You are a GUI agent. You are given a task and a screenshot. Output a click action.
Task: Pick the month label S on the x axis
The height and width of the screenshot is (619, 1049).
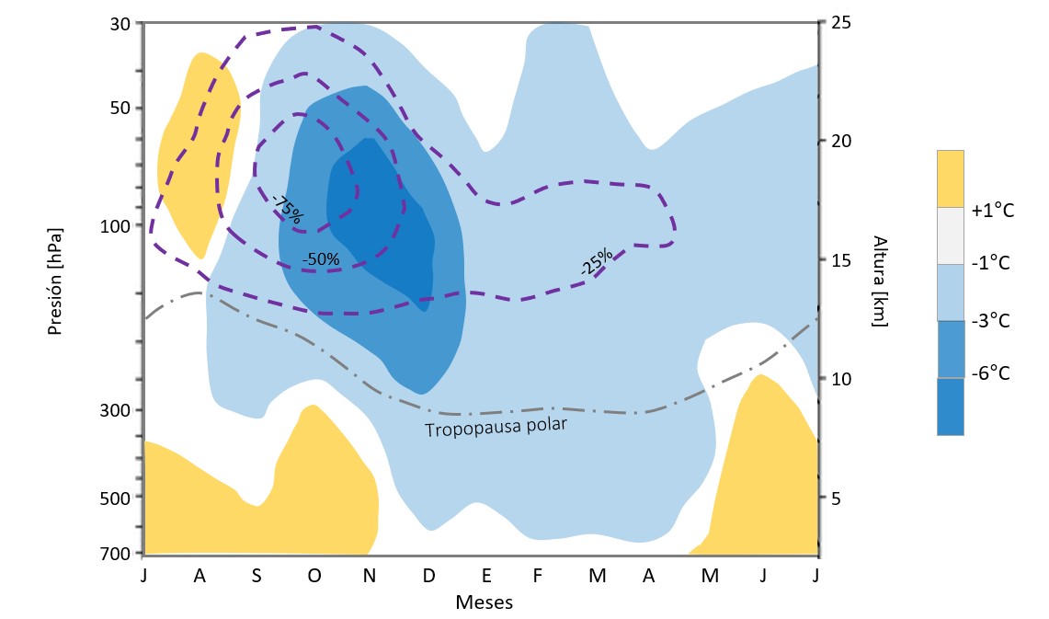(x=257, y=576)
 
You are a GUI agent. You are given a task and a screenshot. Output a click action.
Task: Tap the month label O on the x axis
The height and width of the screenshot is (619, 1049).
(x=314, y=576)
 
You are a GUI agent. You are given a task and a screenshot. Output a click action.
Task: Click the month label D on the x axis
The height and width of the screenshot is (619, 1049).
(x=428, y=576)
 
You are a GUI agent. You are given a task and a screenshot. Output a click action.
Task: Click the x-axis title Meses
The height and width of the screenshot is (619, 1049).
(x=484, y=603)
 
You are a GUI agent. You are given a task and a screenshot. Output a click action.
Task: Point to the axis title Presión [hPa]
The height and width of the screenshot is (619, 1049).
(x=55, y=278)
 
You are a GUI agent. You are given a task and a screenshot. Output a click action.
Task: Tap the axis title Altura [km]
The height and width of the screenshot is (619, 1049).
(x=880, y=281)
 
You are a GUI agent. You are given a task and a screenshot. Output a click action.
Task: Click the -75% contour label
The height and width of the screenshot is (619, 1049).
(x=287, y=211)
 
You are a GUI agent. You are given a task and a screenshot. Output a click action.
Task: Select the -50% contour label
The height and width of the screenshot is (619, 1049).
(x=321, y=259)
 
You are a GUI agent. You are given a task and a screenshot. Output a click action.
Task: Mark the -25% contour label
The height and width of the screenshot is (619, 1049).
(x=597, y=263)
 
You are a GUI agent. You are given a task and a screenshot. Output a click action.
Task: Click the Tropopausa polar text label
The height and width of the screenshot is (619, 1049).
(x=495, y=428)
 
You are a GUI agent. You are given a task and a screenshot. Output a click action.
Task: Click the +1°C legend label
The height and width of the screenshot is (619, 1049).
(x=993, y=211)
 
